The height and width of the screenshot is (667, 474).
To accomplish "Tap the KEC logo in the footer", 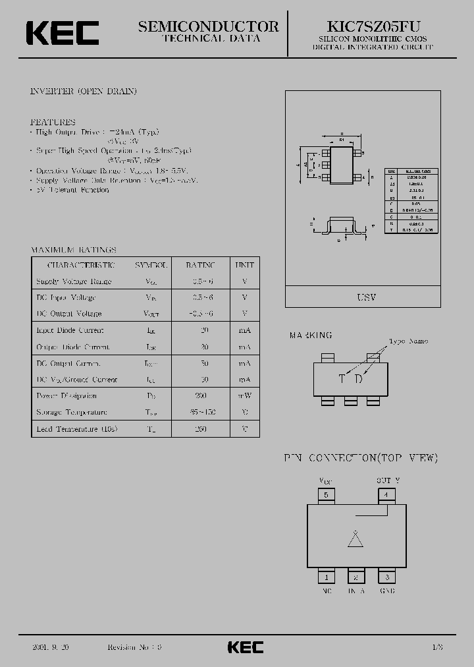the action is click(x=246, y=647).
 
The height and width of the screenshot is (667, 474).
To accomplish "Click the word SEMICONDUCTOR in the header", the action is click(x=209, y=26).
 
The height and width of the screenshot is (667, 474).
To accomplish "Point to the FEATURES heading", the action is click(x=53, y=122).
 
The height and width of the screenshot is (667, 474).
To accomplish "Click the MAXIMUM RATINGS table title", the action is click(x=74, y=250).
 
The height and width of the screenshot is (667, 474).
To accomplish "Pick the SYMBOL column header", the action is click(x=151, y=265).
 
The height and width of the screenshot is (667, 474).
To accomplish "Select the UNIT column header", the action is click(x=244, y=265).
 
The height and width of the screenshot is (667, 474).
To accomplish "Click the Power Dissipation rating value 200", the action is click(x=201, y=395).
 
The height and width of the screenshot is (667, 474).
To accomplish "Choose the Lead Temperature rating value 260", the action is click(x=201, y=428).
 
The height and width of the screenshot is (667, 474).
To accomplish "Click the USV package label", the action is click(x=367, y=298).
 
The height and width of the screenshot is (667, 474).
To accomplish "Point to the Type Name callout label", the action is click(x=408, y=341).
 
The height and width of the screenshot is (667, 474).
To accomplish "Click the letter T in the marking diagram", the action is click(x=341, y=378).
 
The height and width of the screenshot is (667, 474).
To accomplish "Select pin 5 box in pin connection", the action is click(x=325, y=494).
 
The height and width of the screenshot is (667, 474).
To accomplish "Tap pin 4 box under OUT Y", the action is click(x=386, y=494).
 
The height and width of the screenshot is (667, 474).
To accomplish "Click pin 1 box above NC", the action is click(x=325, y=577).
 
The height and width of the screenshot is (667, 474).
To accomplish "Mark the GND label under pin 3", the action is click(x=387, y=591).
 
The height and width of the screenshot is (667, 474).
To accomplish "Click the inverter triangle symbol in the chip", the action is click(x=355, y=539).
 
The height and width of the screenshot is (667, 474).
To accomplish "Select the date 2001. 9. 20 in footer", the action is click(x=49, y=647).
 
